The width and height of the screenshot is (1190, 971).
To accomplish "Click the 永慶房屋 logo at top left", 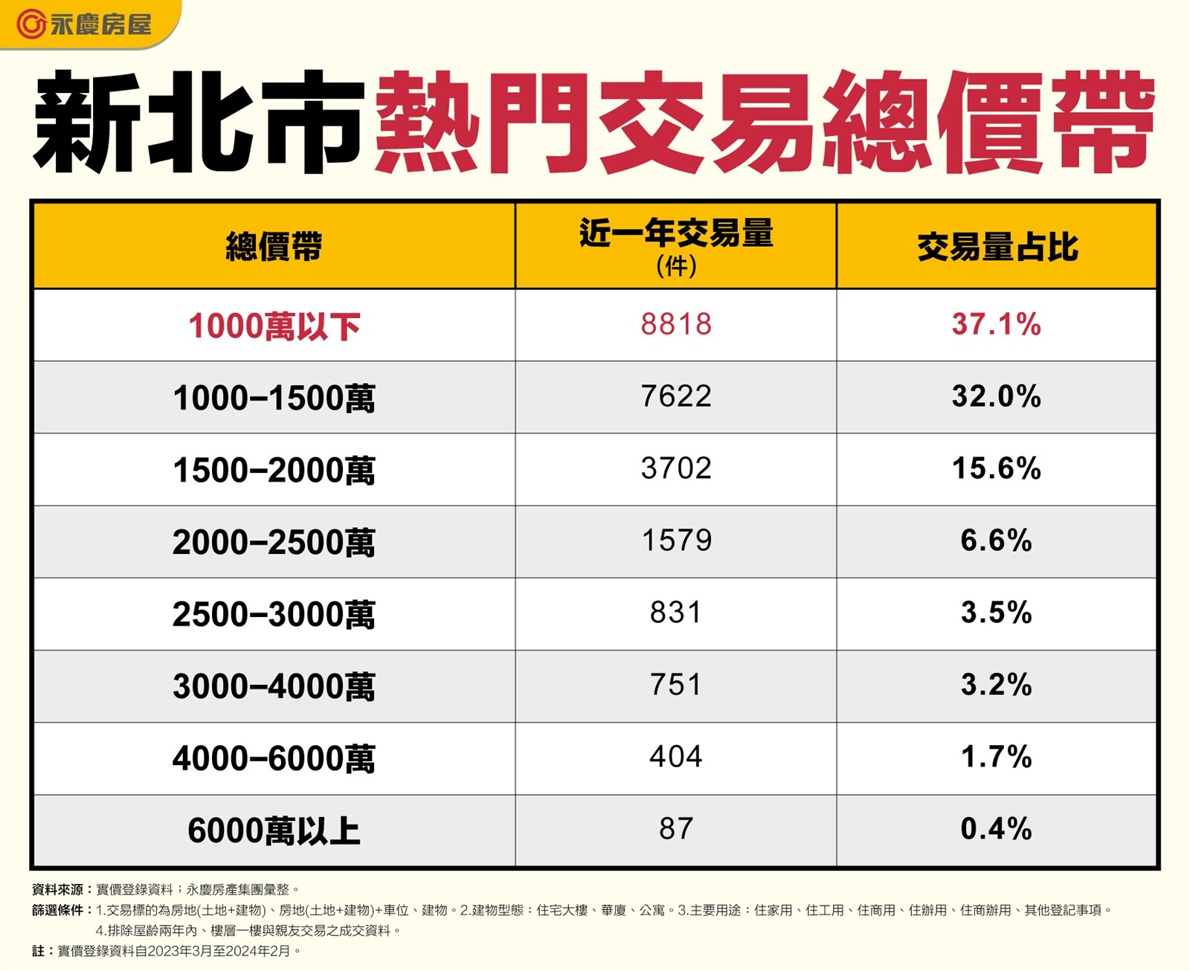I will [x=84, y=24].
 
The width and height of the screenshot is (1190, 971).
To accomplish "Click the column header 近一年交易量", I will [x=676, y=234].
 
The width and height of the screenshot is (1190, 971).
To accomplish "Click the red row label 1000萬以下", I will [x=274, y=326].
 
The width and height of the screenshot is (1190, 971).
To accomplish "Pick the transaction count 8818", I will [x=676, y=324].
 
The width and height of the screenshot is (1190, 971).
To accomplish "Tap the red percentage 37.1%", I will [x=997, y=324].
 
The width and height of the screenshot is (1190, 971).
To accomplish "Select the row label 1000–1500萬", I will [x=274, y=399].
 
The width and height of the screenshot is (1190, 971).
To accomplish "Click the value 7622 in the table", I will [x=676, y=396].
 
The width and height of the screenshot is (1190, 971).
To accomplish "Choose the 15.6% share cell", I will [x=997, y=468].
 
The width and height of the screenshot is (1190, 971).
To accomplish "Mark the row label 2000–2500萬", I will [x=274, y=542].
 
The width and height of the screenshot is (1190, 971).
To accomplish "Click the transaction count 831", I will [x=676, y=613].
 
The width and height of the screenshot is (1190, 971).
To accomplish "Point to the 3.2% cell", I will [x=997, y=685].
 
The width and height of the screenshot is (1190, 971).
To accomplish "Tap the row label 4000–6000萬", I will [x=274, y=758].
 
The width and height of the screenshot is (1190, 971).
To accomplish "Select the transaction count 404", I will [x=676, y=757].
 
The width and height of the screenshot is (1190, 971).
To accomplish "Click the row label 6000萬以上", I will [x=274, y=830].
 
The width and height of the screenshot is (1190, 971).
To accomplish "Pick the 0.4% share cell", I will [x=997, y=829].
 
